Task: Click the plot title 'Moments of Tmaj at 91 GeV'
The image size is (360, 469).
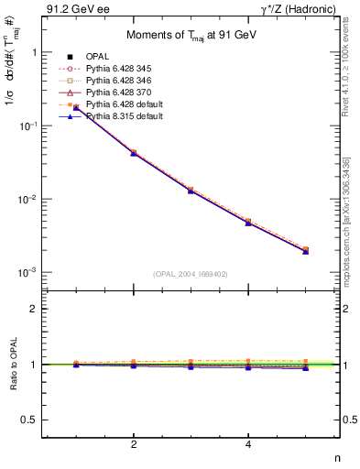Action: (191, 36)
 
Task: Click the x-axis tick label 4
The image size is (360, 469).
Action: (248, 445)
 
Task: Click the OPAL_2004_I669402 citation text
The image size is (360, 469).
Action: (191, 273)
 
